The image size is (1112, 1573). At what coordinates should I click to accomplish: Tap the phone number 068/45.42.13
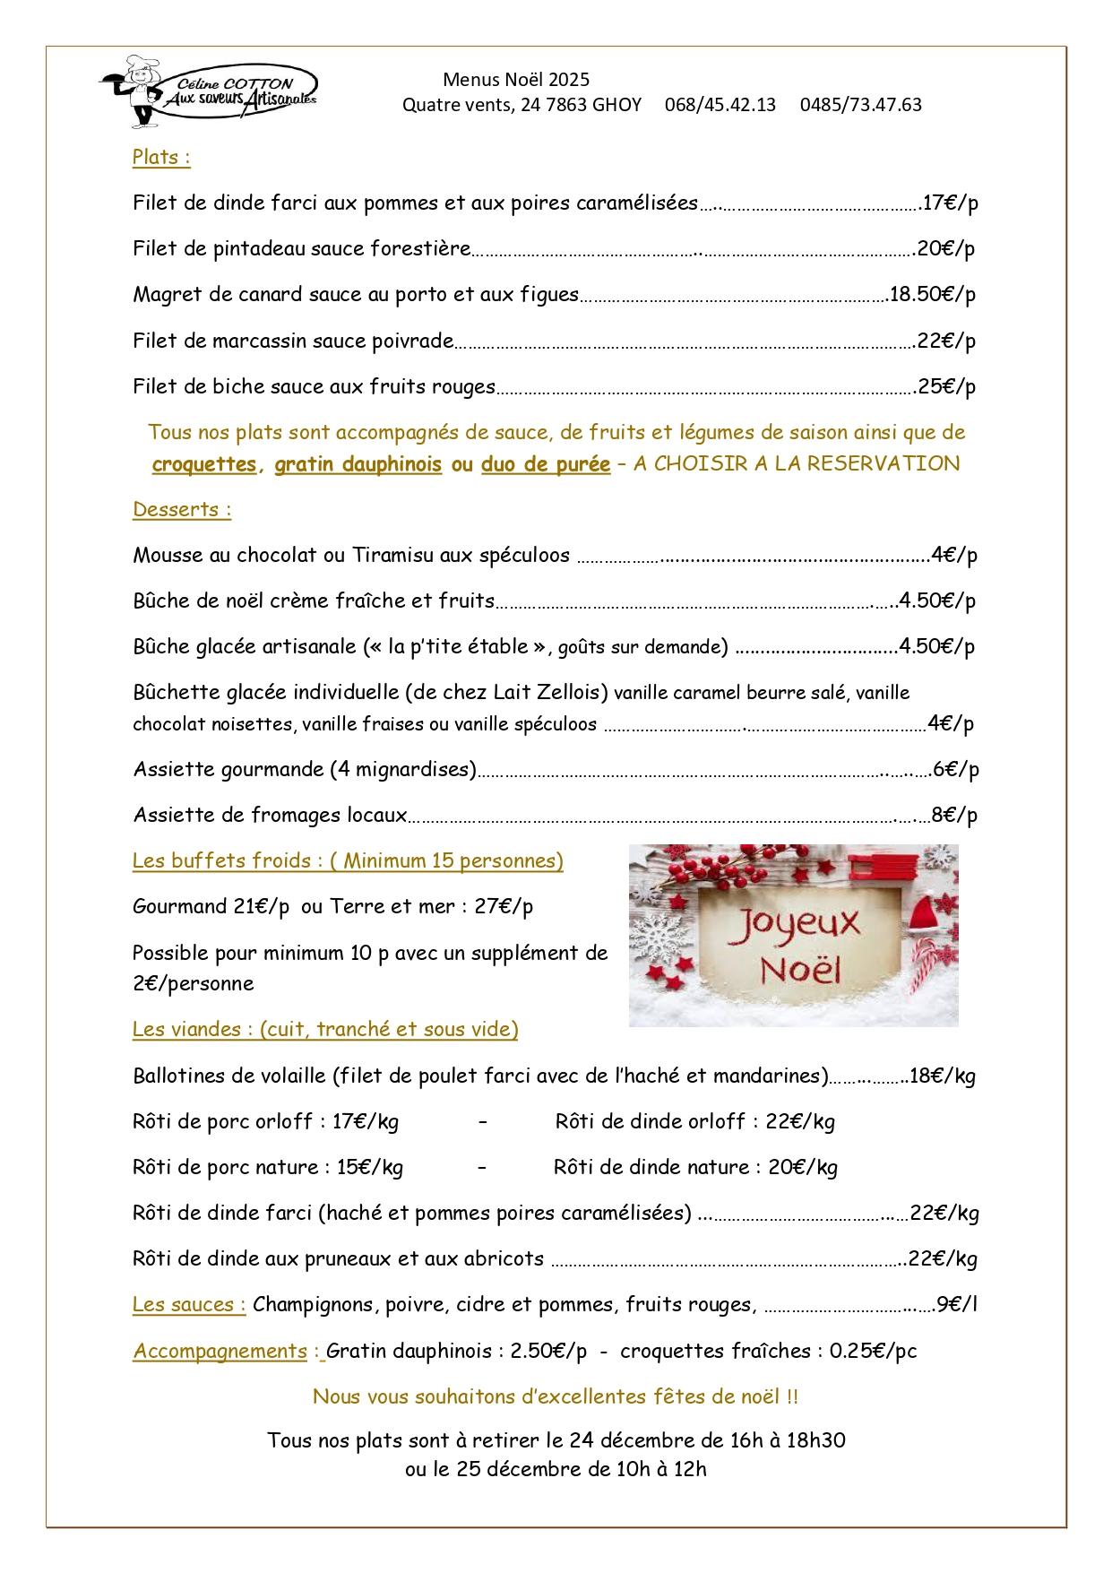[x=720, y=105]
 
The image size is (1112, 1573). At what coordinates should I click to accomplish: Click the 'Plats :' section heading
[x=161, y=158]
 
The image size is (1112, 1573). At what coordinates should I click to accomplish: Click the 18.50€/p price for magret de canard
[x=932, y=295]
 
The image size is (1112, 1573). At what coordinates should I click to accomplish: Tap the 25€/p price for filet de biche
[x=946, y=387]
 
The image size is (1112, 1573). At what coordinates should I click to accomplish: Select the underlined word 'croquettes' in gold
[x=204, y=464]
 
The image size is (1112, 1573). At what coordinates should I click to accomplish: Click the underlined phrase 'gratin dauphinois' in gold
[x=358, y=464]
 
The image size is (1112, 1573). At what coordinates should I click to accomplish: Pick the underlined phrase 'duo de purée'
[x=546, y=464]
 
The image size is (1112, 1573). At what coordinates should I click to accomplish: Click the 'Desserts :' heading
[x=182, y=510]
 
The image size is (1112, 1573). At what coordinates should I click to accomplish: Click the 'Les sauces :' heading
[x=189, y=1305]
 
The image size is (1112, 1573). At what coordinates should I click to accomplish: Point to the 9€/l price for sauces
[x=956, y=1305]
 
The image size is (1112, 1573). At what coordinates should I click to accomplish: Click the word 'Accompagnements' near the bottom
[x=220, y=1352]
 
